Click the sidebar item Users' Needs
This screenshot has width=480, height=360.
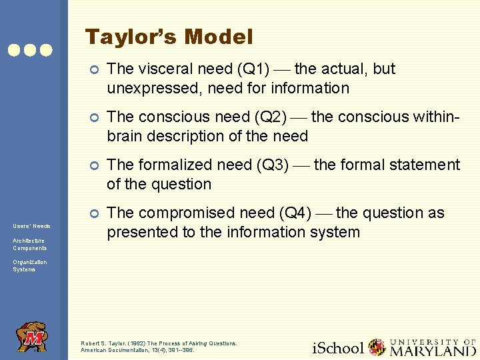(31, 226)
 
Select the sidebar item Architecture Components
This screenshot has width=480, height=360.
(29, 244)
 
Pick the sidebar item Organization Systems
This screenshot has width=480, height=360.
(29, 265)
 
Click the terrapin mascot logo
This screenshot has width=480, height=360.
(32, 337)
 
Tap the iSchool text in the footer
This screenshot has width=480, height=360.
(339, 347)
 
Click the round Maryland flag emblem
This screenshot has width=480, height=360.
(377, 347)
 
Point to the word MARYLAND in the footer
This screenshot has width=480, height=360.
(433, 350)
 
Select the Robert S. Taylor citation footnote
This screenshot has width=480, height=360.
(159, 346)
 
